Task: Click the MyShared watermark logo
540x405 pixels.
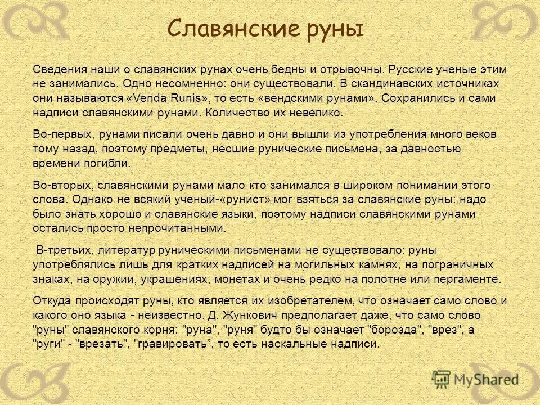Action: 475,379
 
